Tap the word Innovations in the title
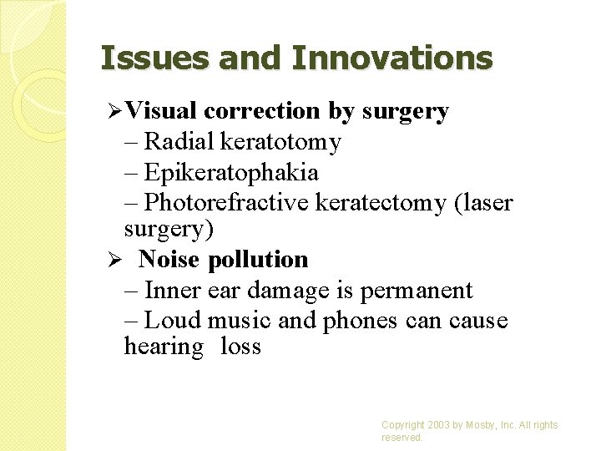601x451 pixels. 392,58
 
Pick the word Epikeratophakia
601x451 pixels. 230,173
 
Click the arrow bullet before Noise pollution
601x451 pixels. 119,260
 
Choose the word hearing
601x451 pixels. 163,347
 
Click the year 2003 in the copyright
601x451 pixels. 440,425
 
